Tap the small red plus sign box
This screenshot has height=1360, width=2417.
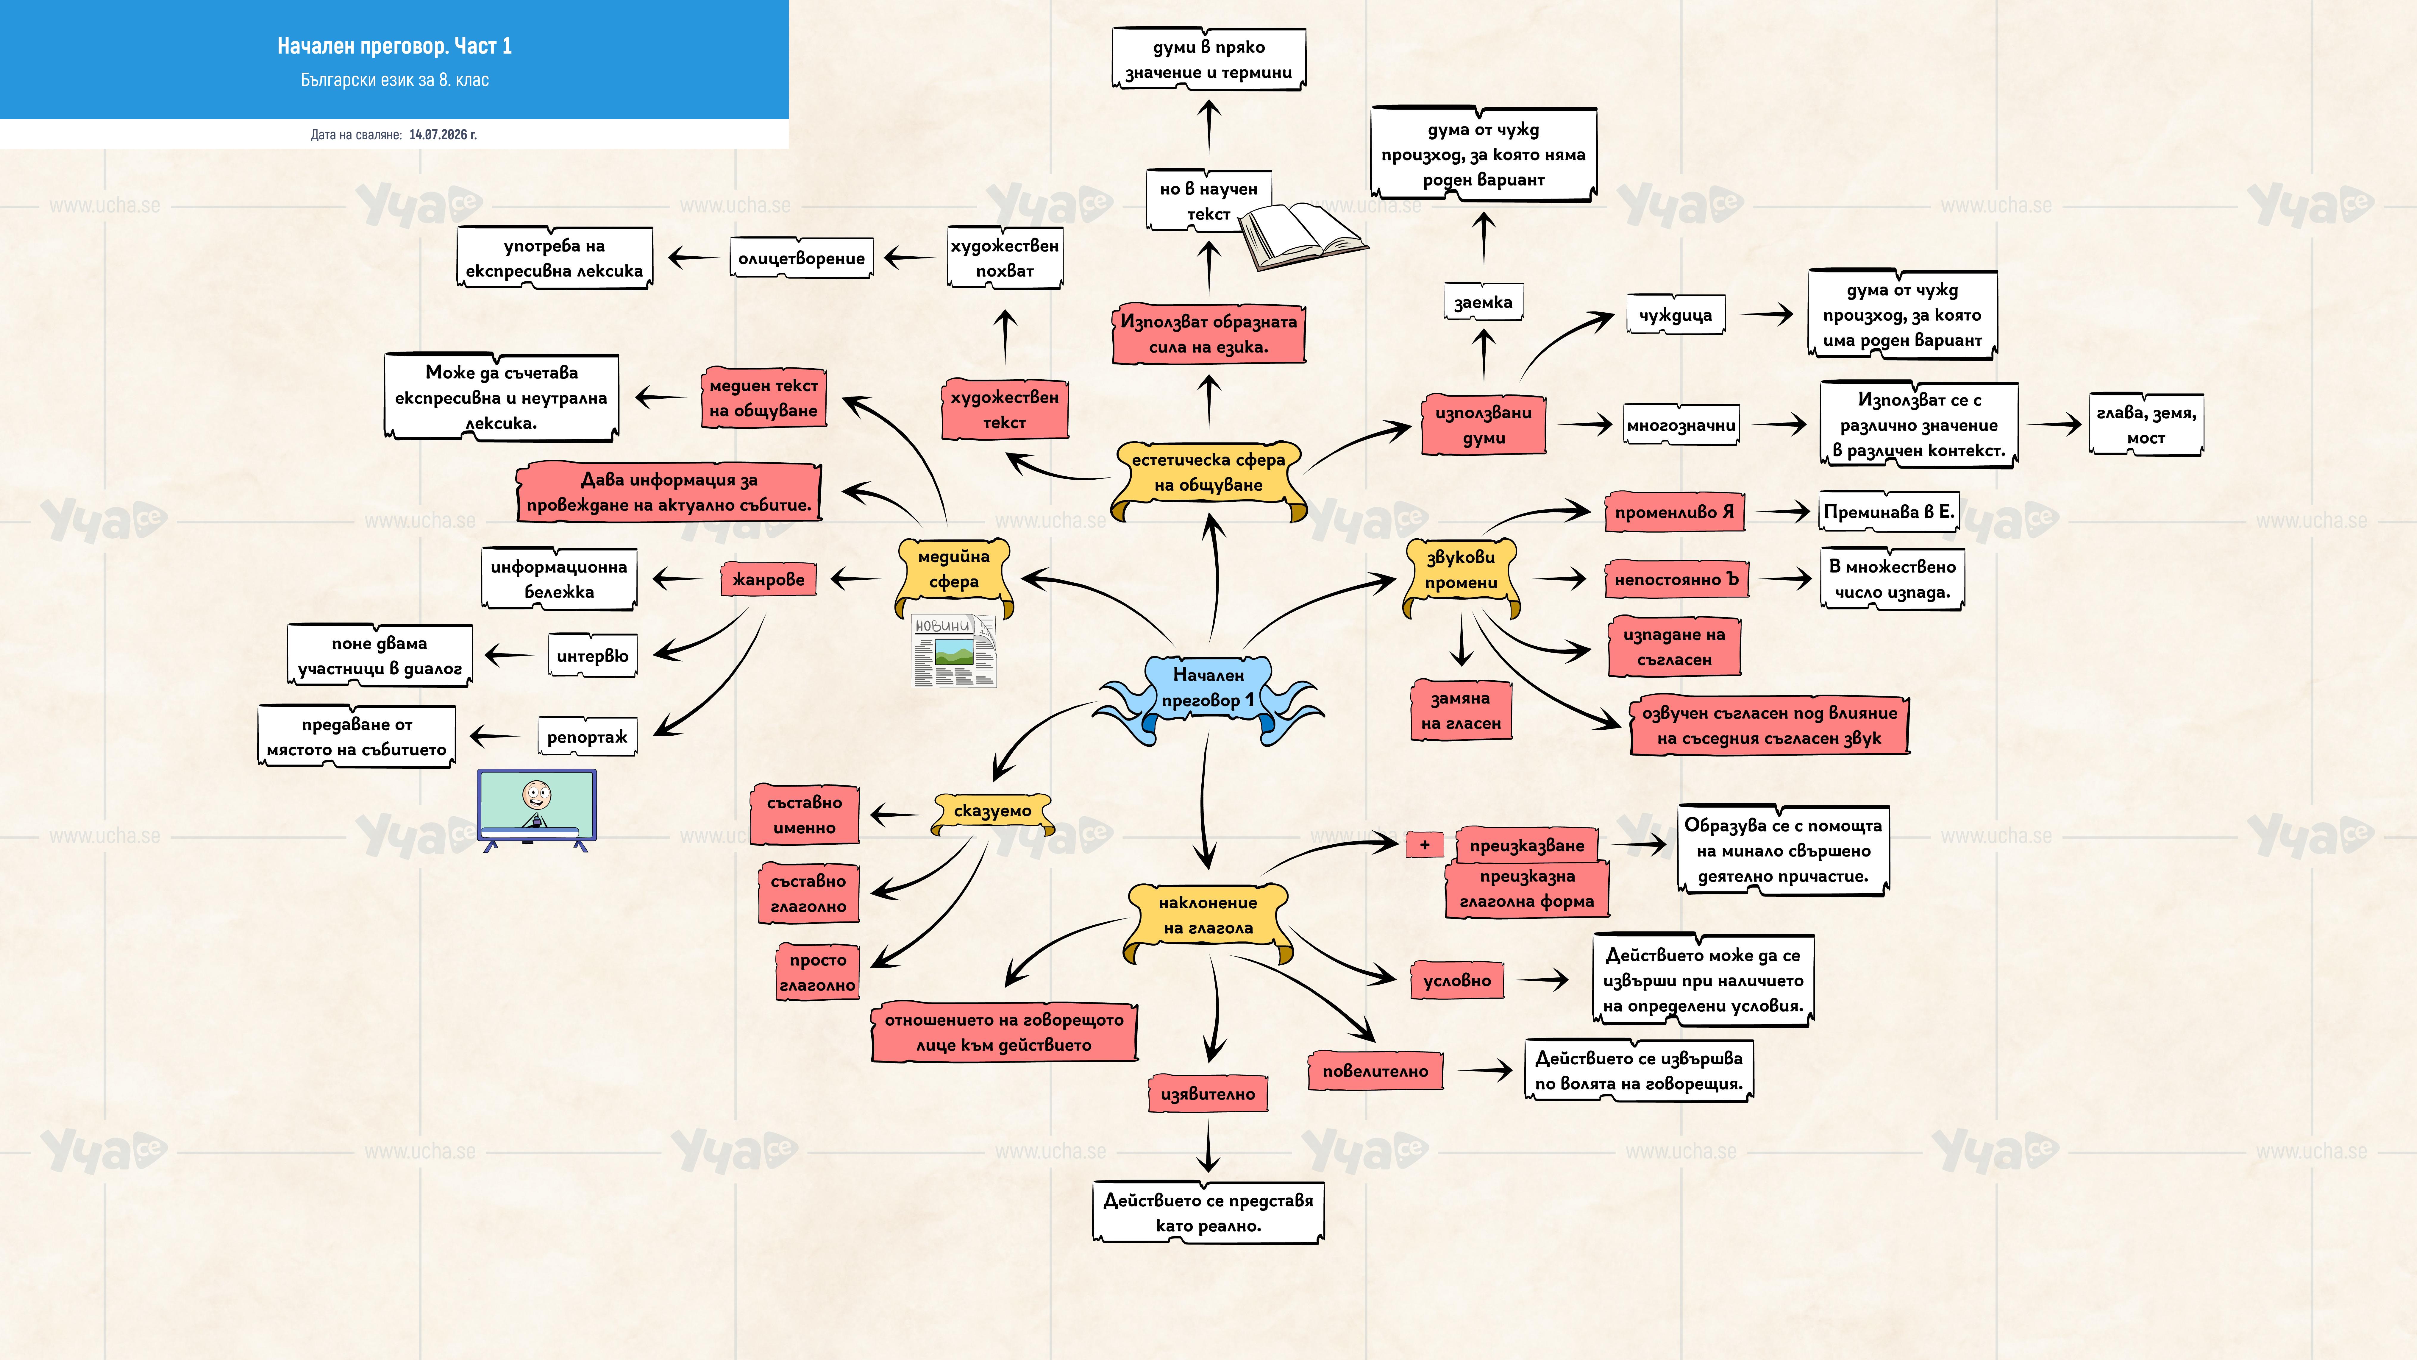point(1424,845)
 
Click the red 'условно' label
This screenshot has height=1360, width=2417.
point(1457,981)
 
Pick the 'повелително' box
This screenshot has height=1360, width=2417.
point(1375,1071)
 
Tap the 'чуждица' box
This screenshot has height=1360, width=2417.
point(1676,315)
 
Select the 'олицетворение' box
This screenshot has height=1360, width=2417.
point(801,258)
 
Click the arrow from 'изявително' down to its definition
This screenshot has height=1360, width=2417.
point(1208,1147)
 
